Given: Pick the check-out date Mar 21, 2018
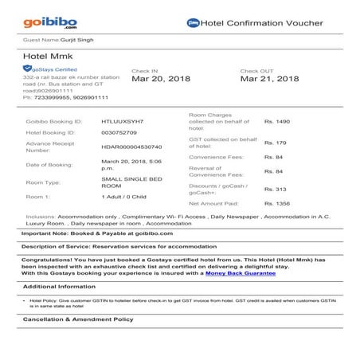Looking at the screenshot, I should pyautogui.click(x=269, y=79).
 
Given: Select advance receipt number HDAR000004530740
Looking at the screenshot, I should pyautogui.click(x=131, y=147).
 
